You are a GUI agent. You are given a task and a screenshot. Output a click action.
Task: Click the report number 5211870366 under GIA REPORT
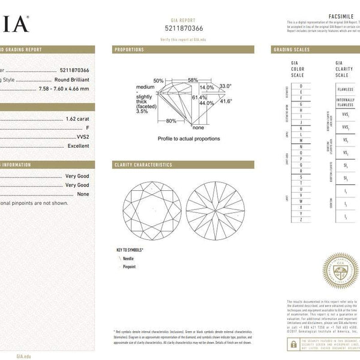point(184,28)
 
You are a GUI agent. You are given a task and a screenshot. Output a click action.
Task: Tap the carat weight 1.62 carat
point(77,118)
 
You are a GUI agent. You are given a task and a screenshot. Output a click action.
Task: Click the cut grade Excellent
point(79,146)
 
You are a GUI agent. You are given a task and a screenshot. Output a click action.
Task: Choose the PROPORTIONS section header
point(129,50)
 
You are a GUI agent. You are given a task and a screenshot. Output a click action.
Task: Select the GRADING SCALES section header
point(292,50)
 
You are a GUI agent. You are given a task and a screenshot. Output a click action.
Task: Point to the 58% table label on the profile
point(192,80)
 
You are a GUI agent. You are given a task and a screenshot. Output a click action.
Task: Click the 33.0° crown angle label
point(225,86)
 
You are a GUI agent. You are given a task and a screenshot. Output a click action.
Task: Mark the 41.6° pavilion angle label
point(226,101)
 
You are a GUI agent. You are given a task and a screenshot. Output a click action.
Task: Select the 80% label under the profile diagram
point(171,121)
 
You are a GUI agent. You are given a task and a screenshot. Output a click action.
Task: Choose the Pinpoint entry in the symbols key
point(129,266)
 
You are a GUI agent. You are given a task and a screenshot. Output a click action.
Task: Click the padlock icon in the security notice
point(292,344)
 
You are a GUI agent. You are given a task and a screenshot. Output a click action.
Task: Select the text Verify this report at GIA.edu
point(184,38)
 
